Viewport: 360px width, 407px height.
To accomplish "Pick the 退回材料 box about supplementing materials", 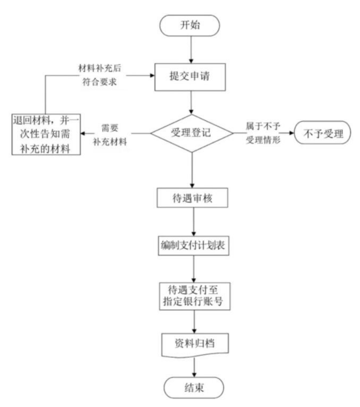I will pos(45,134).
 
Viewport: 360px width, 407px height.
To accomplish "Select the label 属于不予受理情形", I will pos(263,133).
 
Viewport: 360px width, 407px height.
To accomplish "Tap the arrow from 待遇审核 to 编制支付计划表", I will pos(193,222).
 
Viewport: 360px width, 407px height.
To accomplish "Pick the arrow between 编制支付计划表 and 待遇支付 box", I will pos(193,269).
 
